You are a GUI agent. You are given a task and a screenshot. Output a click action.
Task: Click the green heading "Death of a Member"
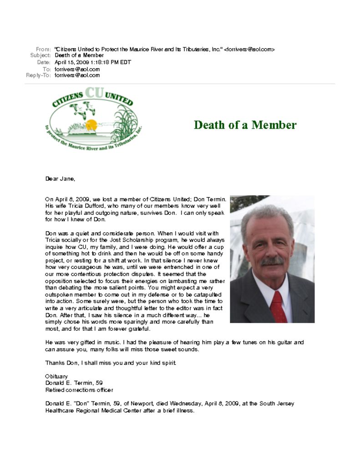[245, 125]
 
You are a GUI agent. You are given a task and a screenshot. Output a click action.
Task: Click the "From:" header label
[43, 49]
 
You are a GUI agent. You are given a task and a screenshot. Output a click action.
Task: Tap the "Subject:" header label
[40, 56]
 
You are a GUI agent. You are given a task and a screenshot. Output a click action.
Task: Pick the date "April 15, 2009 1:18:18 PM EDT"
[92, 62]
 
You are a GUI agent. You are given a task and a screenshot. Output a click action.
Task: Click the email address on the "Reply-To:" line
[77, 76]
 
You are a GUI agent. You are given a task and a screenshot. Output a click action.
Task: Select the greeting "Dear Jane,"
[60, 179]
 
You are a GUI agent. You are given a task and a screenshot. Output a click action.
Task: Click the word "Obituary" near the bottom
[56, 376]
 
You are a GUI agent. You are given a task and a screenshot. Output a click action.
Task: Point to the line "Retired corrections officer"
[79, 390]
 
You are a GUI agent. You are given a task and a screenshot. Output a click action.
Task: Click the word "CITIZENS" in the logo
[68, 99]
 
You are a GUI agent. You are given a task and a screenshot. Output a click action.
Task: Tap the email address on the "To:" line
[77, 69]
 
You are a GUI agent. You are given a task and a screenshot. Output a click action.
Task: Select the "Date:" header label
[44, 62]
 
